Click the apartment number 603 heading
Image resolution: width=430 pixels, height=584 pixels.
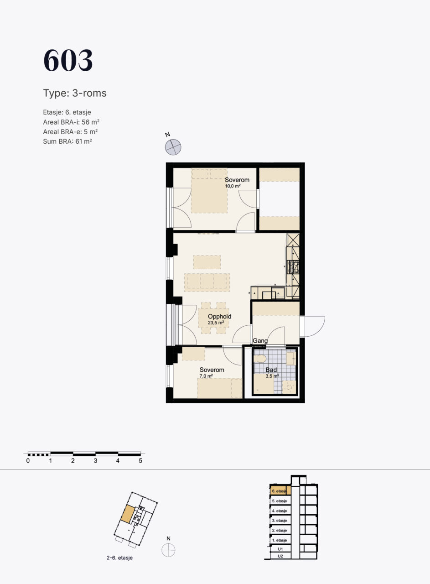(x=68, y=60)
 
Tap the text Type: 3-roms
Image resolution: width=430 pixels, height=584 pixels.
(x=75, y=93)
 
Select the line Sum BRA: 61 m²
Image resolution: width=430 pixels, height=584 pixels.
(x=67, y=141)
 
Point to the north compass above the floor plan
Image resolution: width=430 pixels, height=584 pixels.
(x=173, y=147)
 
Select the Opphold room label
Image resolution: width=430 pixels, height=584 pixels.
(x=219, y=316)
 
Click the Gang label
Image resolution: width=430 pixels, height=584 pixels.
(x=260, y=340)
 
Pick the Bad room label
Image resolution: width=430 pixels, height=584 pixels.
(x=271, y=370)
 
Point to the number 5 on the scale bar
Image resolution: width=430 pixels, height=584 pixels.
(x=140, y=461)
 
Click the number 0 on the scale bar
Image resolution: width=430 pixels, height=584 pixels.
(x=28, y=461)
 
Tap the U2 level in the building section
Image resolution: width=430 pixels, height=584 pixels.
(x=280, y=556)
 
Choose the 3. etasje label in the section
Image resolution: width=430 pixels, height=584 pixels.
(x=280, y=521)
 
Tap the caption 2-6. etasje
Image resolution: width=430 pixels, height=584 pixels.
(x=119, y=558)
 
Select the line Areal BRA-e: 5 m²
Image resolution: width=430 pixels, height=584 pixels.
(x=70, y=132)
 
